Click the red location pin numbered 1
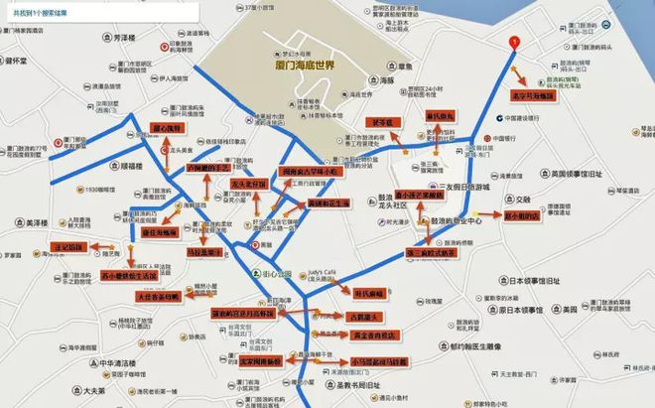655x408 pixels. (513, 43)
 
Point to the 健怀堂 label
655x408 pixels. (20, 60)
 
